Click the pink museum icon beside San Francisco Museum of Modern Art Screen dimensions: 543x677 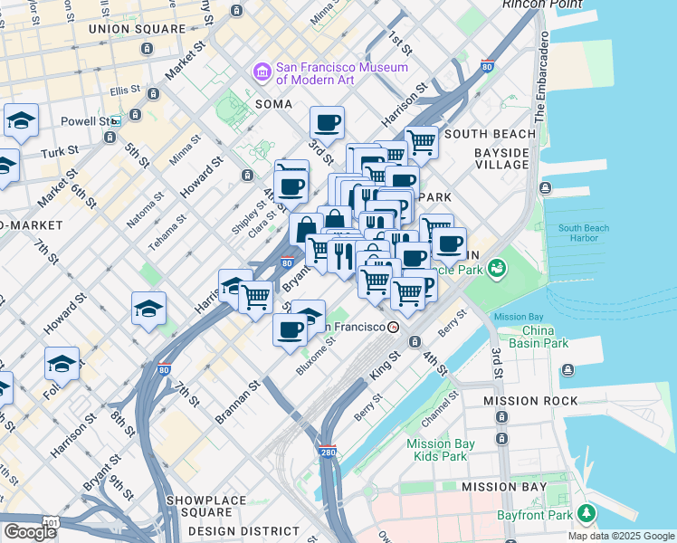pyautogui.click(x=262, y=71)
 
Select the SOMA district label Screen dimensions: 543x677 pyautogui.click(x=273, y=104)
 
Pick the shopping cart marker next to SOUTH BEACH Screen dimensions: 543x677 pyautogui.click(x=421, y=141)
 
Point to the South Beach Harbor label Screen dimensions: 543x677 pyautogui.click(x=585, y=233)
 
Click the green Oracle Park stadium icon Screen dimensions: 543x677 pyautogui.click(x=495, y=268)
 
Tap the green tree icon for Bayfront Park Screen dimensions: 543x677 pyautogui.click(x=586, y=515)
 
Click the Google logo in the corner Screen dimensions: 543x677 pyautogui.click(x=29, y=532)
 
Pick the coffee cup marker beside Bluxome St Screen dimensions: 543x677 pyautogui.click(x=290, y=329)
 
